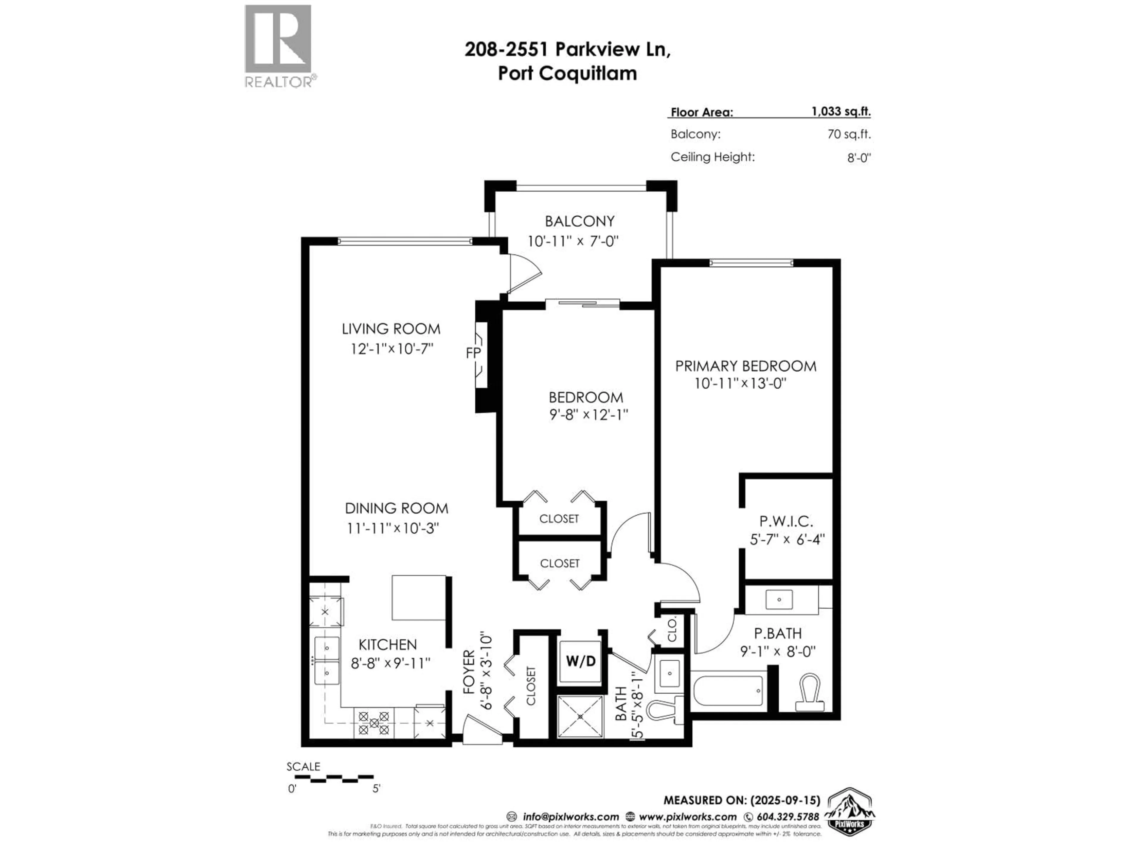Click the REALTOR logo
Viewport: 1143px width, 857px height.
[x=278, y=46]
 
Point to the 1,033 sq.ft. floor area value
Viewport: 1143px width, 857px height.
[x=841, y=112]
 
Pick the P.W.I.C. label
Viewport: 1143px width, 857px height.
[x=786, y=521]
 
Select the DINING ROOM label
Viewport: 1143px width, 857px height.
[x=396, y=508]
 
